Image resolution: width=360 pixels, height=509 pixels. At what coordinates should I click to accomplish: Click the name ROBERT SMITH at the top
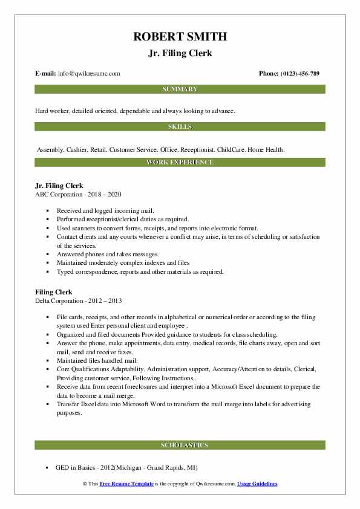tap(180, 37)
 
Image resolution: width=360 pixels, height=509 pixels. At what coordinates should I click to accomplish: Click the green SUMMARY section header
tap(180, 89)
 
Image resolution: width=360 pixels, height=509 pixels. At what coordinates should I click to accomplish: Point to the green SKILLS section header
tap(180, 127)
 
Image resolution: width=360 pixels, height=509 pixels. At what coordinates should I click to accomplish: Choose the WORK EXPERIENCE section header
tap(180, 163)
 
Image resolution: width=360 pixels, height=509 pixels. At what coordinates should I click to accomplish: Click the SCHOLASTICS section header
tap(180, 446)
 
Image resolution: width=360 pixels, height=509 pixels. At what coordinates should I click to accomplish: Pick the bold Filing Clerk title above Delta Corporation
tap(54, 292)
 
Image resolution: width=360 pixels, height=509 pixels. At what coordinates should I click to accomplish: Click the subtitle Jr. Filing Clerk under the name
tap(180, 53)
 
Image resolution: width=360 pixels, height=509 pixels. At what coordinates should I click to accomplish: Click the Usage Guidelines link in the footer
tap(257, 484)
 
